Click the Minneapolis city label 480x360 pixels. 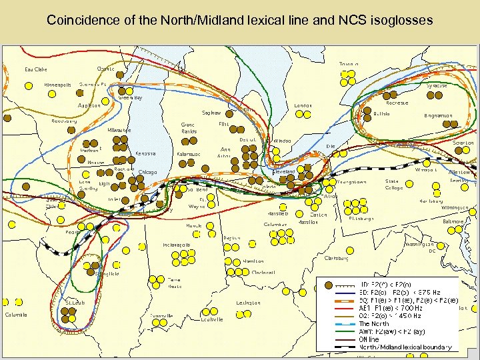[x=57, y=85]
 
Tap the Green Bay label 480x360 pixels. [x=130, y=97]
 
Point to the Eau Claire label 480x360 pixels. [x=36, y=69]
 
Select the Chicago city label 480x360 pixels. [x=147, y=173]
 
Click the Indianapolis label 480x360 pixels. [x=177, y=245]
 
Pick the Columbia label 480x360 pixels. [x=16, y=315]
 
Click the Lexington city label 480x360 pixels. [x=249, y=303]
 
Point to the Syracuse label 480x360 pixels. [x=437, y=85]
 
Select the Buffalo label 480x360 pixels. [x=381, y=114]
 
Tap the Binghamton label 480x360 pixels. [x=438, y=115]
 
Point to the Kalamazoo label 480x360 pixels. [x=189, y=154]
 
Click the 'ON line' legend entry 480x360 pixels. [x=369, y=339]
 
